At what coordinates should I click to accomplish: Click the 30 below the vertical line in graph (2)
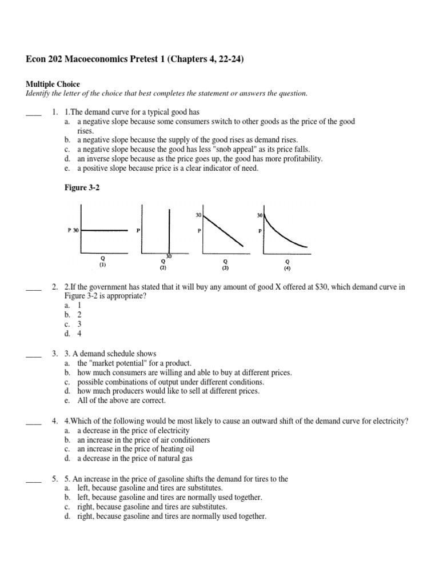169,256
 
